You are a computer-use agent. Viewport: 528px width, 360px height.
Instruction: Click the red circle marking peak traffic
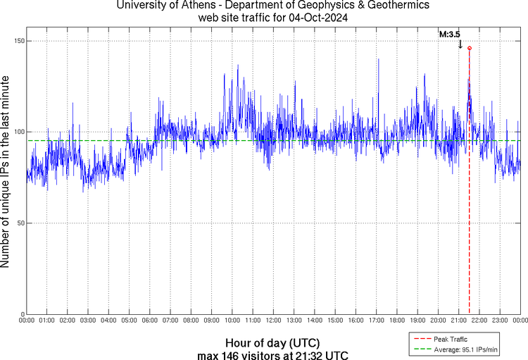469,48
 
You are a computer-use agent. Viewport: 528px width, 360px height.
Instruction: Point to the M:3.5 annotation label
450,33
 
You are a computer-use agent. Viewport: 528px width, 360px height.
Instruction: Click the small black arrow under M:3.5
460,44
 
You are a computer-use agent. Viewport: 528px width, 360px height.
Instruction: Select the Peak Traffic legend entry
450,340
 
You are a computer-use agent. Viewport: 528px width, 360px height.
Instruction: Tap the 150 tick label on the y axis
19,41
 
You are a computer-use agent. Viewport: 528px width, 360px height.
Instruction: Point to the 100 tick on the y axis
19,132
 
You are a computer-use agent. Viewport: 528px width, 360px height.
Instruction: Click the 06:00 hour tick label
150,321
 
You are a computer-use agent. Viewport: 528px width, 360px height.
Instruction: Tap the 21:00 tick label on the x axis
459,321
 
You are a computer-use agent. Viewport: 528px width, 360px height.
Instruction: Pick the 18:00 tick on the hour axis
397,321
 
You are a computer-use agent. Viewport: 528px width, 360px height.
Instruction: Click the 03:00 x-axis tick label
88,321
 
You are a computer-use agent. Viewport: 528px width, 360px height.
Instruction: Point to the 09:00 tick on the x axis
212,321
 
